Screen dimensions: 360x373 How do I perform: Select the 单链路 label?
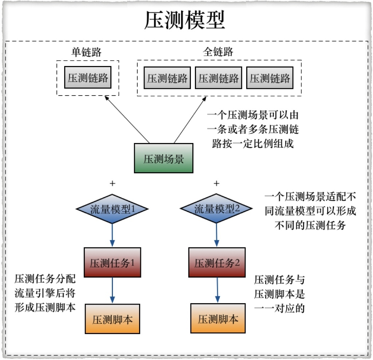[x=86, y=52]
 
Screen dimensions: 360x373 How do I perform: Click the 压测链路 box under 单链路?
[x=88, y=77]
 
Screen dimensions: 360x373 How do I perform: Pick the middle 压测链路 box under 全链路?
[x=219, y=78]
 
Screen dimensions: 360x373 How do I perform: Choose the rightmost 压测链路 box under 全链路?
[x=270, y=78]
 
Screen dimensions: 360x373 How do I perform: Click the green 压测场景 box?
[x=164, y=159]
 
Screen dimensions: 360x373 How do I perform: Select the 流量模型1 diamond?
[x=112, y=209]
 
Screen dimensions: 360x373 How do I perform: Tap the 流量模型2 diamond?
[x=217, y=209]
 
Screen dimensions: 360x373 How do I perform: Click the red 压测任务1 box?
[x=112, y=263]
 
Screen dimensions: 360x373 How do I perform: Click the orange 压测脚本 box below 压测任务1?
[x=112, y=319]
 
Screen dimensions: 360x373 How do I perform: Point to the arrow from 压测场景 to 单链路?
[x=127, y=120]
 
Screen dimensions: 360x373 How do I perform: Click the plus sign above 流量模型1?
[x=113, y=183]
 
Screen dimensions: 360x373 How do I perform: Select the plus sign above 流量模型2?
[x=217, y=183]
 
